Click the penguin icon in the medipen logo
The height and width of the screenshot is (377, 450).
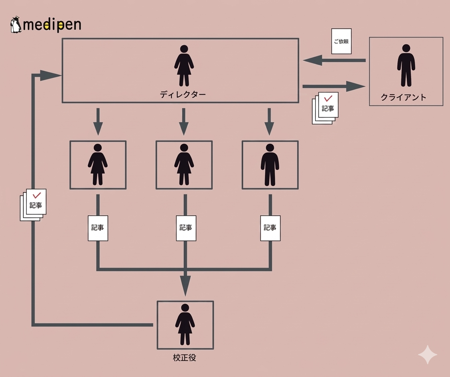click(16, 25)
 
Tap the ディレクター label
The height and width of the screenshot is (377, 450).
click(183, 95)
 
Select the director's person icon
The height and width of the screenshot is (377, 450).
click(184, 65)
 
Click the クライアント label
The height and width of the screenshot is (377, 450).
click(403, 97)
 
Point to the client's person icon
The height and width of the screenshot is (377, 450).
click(406, 65)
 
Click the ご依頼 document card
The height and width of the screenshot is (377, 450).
click(341, 41)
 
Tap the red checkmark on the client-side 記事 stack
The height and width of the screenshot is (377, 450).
click(328, 98)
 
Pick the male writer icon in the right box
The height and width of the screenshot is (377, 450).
click(270, 165)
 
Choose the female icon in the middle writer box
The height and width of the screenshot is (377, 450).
click(184, 165)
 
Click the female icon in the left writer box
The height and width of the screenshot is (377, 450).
click(98, 165)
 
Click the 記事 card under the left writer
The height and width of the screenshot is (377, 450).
click(98, 228)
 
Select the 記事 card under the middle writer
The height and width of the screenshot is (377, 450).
click(186, 228)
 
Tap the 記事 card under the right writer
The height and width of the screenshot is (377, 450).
click(270, 228)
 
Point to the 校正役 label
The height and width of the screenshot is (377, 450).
click(185, 358)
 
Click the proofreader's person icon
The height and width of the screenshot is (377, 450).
click(185, 324)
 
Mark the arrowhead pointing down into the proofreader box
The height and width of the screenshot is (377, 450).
click(185, 286)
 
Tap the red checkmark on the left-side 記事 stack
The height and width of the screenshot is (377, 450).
click(37, 195)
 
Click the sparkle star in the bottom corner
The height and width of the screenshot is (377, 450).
click(428, 355)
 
